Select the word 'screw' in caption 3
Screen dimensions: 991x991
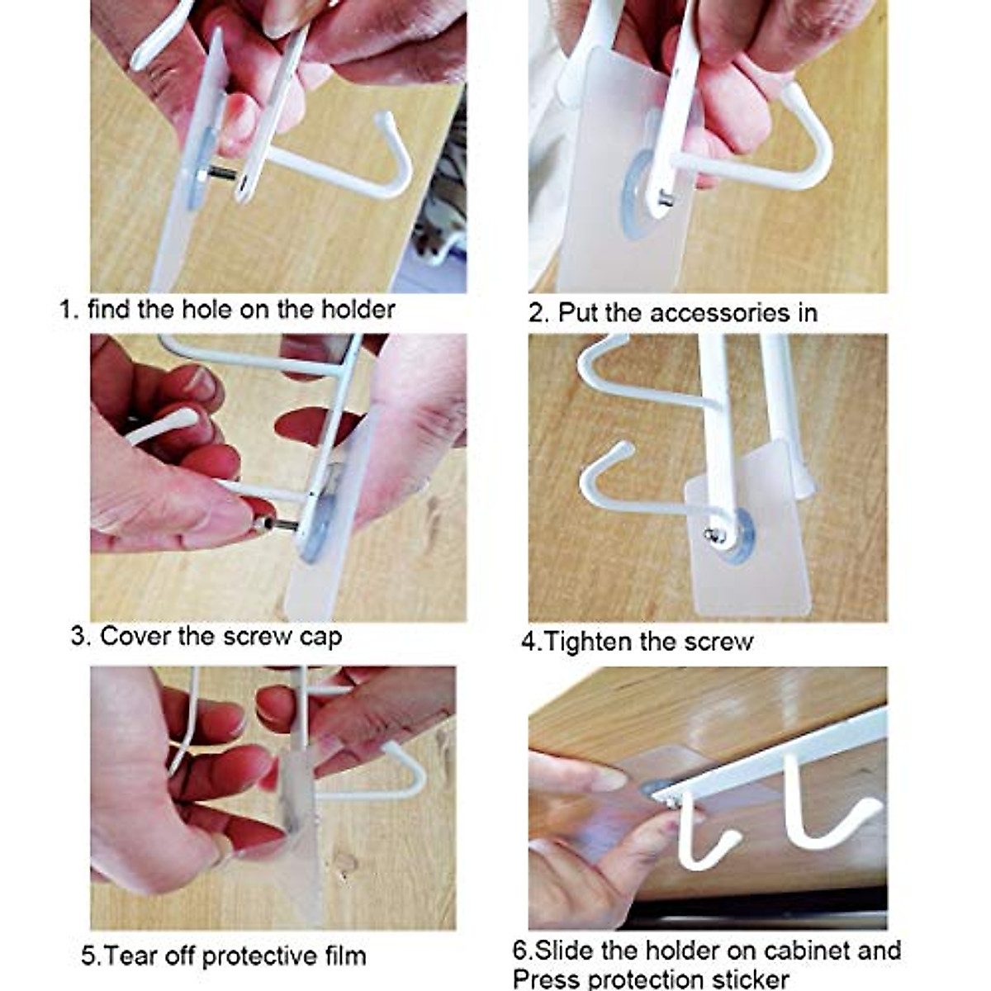pos(249,637)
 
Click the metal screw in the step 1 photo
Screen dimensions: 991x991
pos(221,173)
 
